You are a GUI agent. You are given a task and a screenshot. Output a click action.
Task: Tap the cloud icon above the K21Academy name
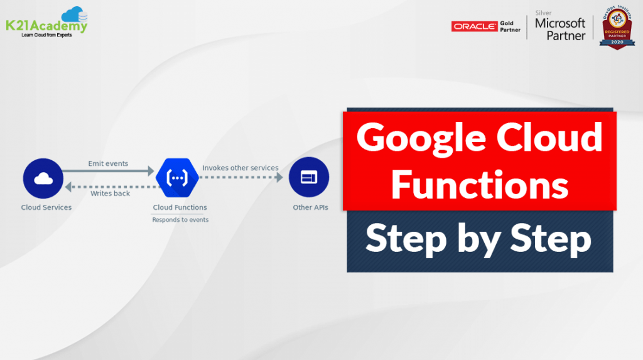tap(73, 14)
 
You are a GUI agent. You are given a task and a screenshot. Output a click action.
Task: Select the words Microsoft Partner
tap(559, 29)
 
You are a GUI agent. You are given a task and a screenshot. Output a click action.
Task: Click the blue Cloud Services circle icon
tap(43, 178)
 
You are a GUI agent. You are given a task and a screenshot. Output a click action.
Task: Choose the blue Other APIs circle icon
tap(309, 178)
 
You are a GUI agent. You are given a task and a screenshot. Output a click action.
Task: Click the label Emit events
tap(108, 163)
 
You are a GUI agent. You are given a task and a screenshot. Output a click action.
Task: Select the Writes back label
tap(110, 194)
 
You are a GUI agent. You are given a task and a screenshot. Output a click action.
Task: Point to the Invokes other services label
tap(240, 168)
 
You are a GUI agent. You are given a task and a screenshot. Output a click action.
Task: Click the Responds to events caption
tap(180, 220)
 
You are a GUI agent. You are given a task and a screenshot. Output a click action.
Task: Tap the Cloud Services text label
tap(46, 207)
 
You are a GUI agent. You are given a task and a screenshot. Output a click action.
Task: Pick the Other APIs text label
tap(310, 207)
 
